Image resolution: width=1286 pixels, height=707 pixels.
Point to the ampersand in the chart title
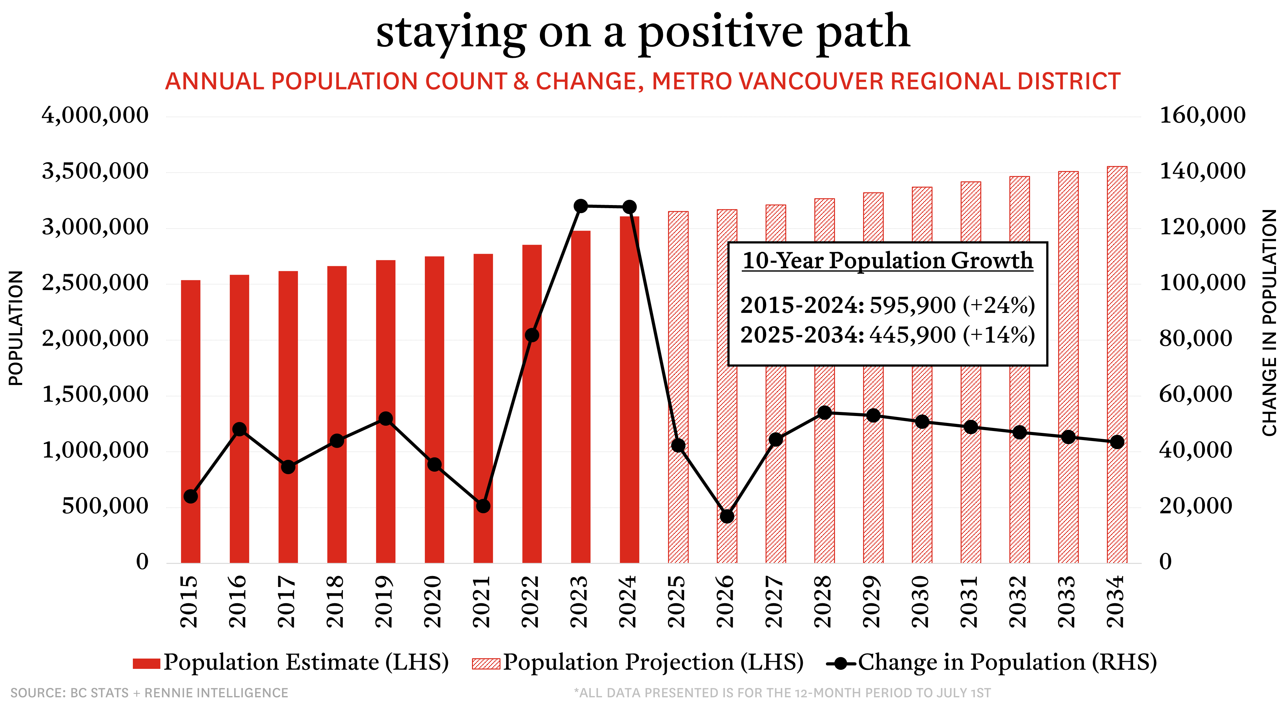[x=521, y=81]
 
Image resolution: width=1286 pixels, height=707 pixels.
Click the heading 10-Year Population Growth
[x=888, y=261]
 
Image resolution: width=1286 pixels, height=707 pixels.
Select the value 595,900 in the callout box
[x=912, y=305]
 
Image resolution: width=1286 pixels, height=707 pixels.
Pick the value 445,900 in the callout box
[x=912, y=334]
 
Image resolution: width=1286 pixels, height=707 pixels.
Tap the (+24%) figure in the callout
[x=998, y=305]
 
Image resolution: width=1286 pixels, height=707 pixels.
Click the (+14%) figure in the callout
[x=998, y=334]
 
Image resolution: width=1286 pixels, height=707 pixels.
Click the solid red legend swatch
[x=146, y=664]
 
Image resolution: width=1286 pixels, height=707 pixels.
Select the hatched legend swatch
[x=486, y=664]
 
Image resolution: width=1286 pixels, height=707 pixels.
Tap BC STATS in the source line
[x=99, y=693]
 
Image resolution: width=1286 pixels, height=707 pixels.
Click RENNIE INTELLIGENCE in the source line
[x=216, y=693]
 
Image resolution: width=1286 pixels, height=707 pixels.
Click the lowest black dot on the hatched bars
[x=727, y=516]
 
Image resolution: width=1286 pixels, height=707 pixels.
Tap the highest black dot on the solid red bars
[x=532, y=335]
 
